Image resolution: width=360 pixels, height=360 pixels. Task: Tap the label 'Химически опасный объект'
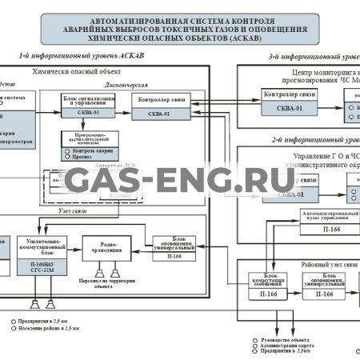pyautogui.click(x=72, y=71)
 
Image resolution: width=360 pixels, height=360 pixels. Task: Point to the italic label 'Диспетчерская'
pyautogui.click(x=126, y=84)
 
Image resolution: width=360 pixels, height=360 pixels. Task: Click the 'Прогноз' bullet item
pyautogui.click(x=83, y=158)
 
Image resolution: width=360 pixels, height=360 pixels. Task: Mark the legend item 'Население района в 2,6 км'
pyautogui.click(x=45, y=328)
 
